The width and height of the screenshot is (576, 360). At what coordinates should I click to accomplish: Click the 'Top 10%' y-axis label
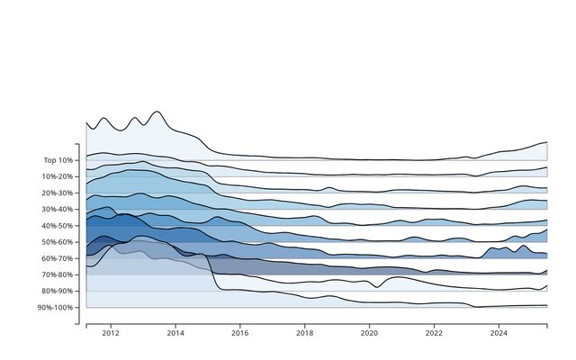pyautogui.click(x=58, y=160)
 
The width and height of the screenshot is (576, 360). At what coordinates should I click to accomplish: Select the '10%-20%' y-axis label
pyautogui.click(x=58, y=176)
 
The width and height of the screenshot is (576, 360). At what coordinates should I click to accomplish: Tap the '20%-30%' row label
pyautogui.click(x=58, y=193)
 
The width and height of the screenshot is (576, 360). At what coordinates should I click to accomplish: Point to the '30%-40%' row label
pyautogui.click(x=58, y=210)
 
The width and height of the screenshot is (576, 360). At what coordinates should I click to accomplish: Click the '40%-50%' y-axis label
pyautogui.click(x=58, y=226)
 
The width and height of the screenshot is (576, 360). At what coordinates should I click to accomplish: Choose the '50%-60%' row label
pyautogui.click(x=58, y=242)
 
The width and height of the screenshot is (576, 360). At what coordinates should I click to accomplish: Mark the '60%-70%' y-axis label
pyautogui.click(x=58, y=258)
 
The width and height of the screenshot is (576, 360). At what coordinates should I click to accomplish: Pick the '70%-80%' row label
pyautogui.click(x=58, y=274)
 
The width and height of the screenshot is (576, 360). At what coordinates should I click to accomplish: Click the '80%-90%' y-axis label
pyautogui.click(x=58, y=291)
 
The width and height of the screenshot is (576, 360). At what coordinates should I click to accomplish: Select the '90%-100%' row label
pyautogui.click(x=55, y=308)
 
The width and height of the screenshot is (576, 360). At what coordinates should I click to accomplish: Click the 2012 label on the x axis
pyautogui.click(x=111, y=333)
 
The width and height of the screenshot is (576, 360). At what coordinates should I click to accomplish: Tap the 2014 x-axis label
pyautogui.click(x=175, y=333)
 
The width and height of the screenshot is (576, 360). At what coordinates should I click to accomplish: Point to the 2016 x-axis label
pyautogui.click(x=240, y=333)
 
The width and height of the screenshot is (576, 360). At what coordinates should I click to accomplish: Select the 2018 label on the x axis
pyautogui.click(x=304, y=333)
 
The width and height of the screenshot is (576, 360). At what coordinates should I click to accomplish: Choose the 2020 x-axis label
pyautogui.click(x=369, y=333)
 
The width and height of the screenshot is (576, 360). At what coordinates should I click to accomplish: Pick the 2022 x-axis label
pyautogui.click(x=434, y=333)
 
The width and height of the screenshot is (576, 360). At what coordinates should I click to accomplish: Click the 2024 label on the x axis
pyautogui.click(x=499, y=333)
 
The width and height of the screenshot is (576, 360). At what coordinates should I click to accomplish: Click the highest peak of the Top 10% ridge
pyautogui.click(x=157, y=112)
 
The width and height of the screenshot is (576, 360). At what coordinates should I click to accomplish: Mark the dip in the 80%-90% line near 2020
pyautogui.click(x=377, y=287)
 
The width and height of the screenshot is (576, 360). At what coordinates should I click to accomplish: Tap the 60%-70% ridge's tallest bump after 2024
pyautogui.click(x=522, y=246)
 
